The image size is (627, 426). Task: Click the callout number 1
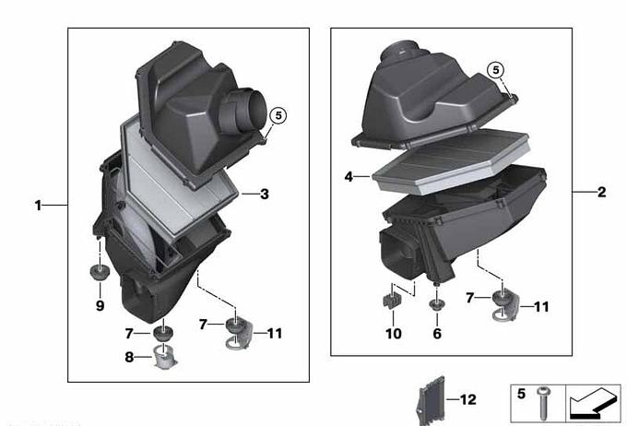38,206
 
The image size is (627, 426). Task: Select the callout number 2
601,192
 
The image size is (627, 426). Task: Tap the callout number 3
265,195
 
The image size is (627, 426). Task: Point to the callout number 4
349,176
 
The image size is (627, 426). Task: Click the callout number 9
100,305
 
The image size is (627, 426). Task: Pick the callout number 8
129,357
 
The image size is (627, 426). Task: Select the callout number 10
394,333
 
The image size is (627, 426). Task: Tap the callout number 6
437,333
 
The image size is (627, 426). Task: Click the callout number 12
467,399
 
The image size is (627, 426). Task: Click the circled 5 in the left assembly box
278,115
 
